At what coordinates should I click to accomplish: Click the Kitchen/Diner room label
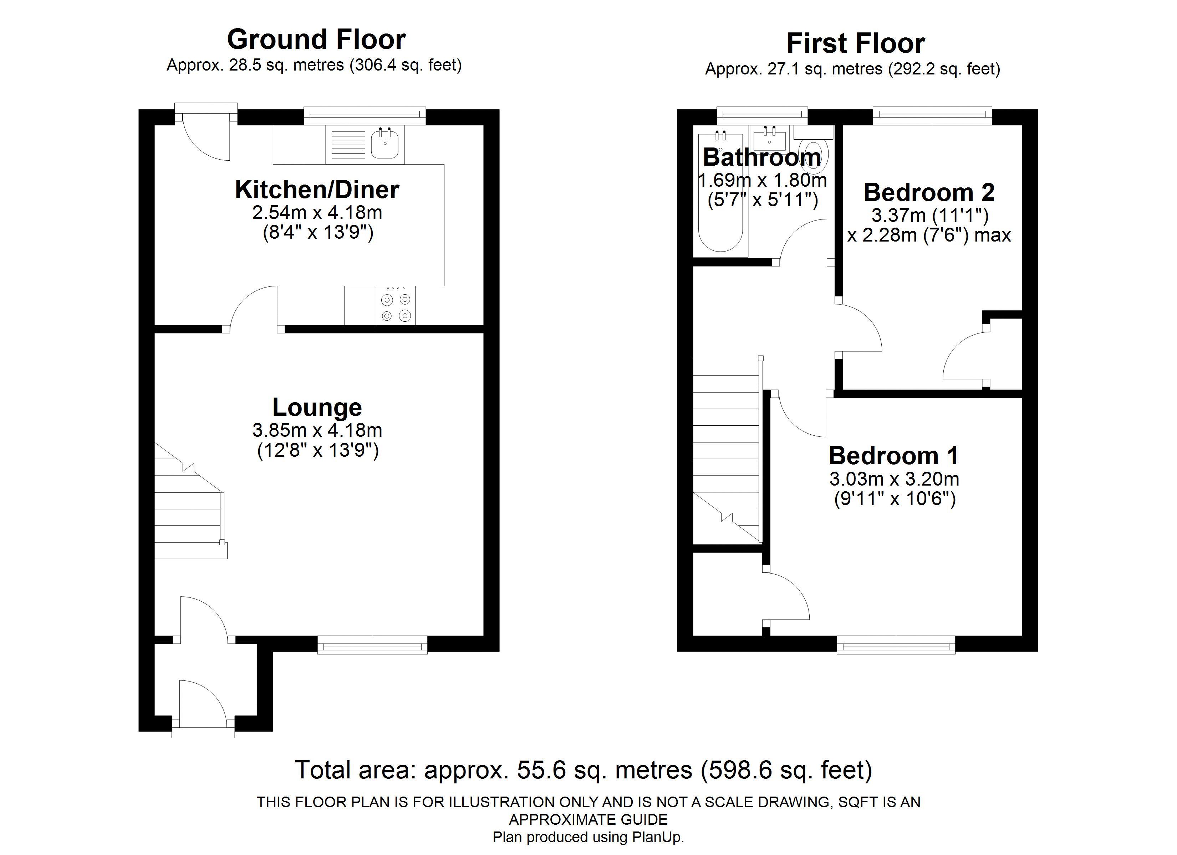click(x=317, y=190)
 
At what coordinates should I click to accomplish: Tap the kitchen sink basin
click(x=384, y=145)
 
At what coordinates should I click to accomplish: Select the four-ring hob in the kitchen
click(x=396, y=307)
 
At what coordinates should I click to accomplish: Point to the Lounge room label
click(x=317, y=407)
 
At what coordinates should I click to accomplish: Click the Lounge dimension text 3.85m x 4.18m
click(x=317, y=430)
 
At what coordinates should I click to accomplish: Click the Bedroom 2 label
click(x=928, y=192)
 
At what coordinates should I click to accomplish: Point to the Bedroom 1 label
click(x=894, y=456)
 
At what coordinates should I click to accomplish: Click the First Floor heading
click(x=855, y=43)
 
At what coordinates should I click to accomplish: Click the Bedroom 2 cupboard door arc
click(x=960, y=353)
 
